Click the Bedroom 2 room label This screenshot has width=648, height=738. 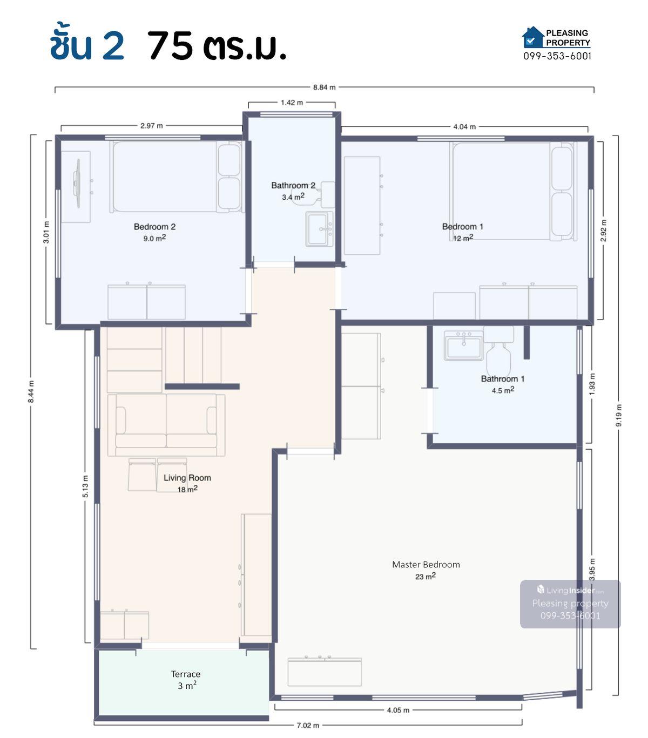pos(154,227)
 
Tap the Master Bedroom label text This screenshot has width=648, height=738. pos(426,564)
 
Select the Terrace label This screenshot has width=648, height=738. pos(186,674)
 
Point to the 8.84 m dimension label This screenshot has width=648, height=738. pos(324,87)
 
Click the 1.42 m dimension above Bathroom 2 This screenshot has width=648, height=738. pos(292,103)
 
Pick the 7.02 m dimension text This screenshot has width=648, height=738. pos(308,725)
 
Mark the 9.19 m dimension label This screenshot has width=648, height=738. pos(619,415)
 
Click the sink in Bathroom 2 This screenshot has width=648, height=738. pos(319,229)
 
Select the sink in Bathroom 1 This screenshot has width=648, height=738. pos(463,345)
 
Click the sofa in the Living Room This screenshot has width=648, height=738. pos(166,424)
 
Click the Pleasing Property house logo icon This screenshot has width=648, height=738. pos(533,37)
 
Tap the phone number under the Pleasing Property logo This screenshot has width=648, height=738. pos(557,56)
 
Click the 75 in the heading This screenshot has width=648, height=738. pos(170,45)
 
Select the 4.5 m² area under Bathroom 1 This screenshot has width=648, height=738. pos(503,390)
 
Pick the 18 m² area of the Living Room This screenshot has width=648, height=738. pos(187,489)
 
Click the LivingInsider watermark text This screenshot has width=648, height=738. pos(570,590)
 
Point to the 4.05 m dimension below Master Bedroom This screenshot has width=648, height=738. pos(398,710)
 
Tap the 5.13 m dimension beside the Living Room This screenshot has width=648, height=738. pos(85,486)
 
